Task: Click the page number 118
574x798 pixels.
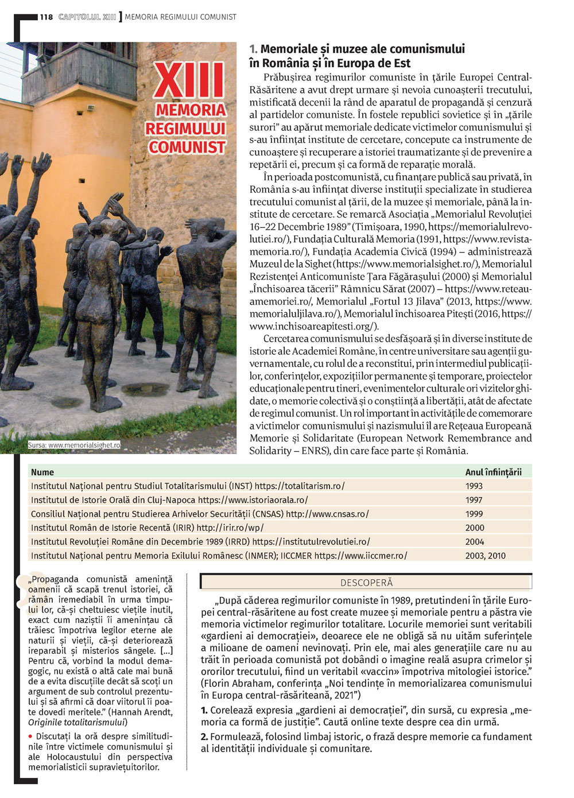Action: pyautogui.click(x=46, y=17)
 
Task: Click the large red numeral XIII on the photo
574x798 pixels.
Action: pyautogui.click(x=189, y=81)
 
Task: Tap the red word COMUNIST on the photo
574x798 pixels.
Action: pyautogui.click(x=187, y=148)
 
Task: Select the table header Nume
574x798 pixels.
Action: pyautogui.click(x=42, y=472)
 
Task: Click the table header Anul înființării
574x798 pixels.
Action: pyautogui.click(x=493, y=472)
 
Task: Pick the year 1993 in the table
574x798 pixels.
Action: pyautogui.click(x=474, y=486)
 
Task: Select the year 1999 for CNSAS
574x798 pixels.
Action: pyautogui.click(x=474, y=514)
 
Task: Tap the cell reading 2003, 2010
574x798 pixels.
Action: pyautogui.click(x=485, y=556)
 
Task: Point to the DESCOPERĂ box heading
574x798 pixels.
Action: pyautogui.click(x=366, y=583)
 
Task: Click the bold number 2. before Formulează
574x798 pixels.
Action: pyautogui.click(x=204, y=737)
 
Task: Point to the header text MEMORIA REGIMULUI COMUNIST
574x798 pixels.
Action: pyautogui.click(x=180, y=17)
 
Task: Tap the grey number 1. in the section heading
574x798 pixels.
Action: pyautogui.click(x=253, y=49)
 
